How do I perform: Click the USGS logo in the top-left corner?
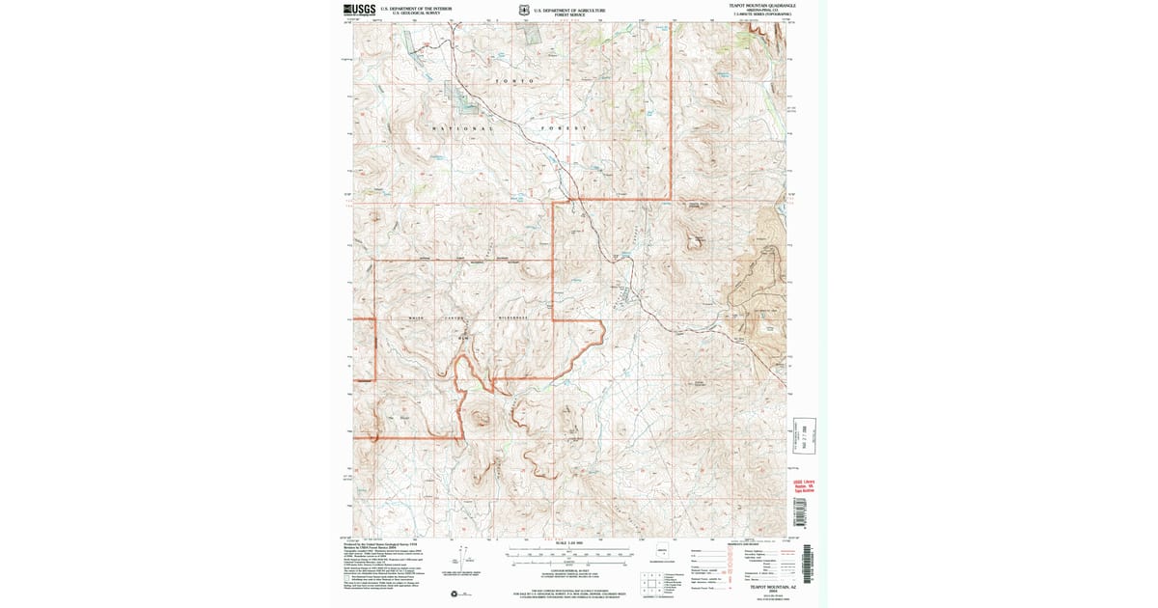coord(359,10)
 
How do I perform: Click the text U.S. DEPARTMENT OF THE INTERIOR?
coord(416,9)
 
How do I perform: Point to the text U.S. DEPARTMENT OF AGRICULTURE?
coord(569,10)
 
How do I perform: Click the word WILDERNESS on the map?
coord(514,318)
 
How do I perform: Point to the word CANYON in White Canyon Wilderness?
coord(455,318)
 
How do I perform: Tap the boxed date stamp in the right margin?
coord(805,436)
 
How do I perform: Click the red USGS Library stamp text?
coord(805,485)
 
